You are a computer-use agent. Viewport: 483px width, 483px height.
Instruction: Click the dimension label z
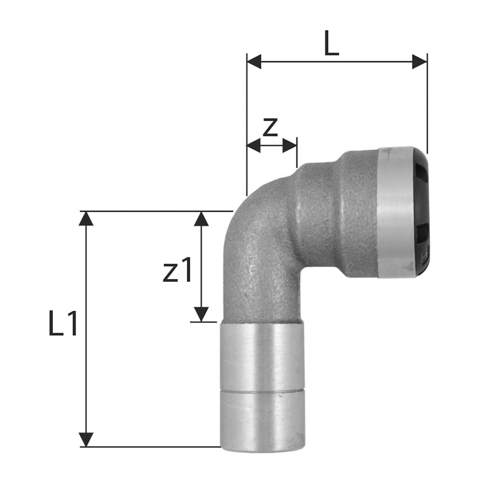click(270, 127)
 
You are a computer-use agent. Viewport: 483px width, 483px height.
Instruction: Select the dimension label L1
click(63, 324)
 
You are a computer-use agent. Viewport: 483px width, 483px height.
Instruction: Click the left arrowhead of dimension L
click(254, 62)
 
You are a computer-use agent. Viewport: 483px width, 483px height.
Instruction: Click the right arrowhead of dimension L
click(420, 62)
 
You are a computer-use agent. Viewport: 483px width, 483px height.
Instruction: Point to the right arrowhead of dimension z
click(290, 145)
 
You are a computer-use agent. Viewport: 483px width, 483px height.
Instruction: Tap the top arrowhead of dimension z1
click(201, 219)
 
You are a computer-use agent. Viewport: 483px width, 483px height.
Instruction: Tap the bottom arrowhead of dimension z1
click(201, 314)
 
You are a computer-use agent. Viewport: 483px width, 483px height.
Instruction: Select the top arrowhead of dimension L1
click(86, 219)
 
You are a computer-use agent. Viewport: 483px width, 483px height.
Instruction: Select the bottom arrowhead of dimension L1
click(86, 439)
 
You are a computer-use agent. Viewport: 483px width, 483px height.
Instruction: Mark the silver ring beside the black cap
click(395, 213)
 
